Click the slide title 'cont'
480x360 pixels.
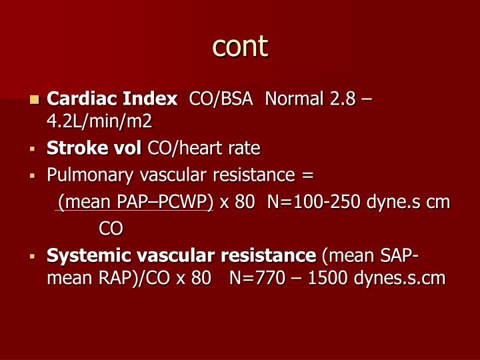tap(240, 46)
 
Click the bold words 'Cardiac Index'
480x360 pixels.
tap(112, 99)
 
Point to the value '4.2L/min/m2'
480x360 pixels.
tap(99, 121)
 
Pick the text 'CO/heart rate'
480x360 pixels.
tap(204, 147)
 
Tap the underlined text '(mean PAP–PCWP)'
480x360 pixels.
tap(135, 202)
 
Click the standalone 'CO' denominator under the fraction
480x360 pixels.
tap(111, 229)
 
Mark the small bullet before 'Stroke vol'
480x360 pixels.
tap(32, 148)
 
